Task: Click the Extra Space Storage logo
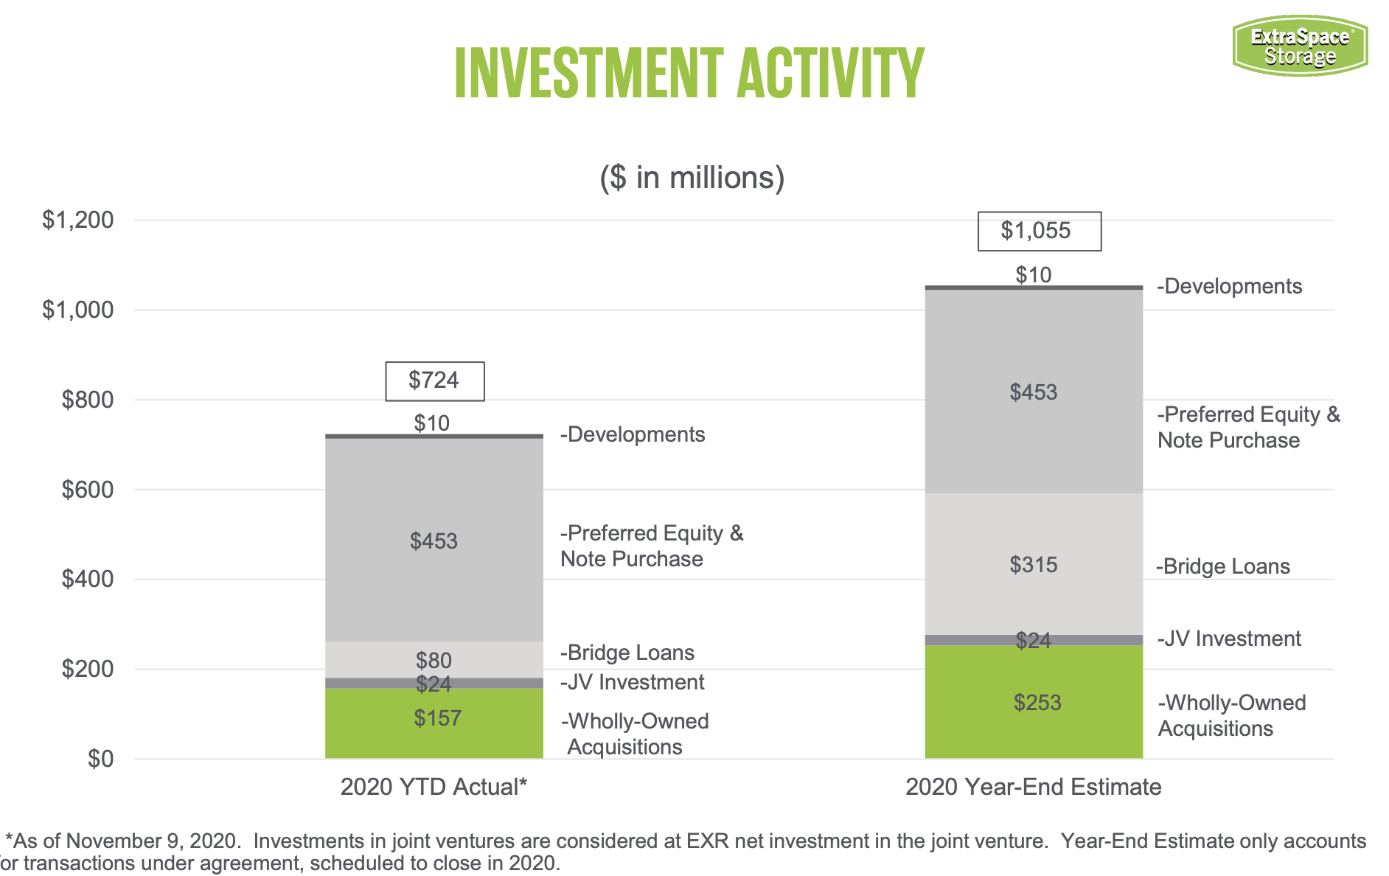click(1300, 46)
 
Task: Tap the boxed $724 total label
click(434, 380)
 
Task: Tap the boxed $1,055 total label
click(1039, 231)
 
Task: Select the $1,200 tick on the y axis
click(78, 220)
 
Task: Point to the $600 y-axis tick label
click(87, 490)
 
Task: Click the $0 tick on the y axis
click(100, 759)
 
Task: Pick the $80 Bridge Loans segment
click(434, 658)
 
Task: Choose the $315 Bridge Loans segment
click(1034, 565)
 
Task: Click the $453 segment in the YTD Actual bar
click(434, 540)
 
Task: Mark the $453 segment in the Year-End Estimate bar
click(1034, 392)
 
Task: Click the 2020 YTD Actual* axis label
click(434, 787)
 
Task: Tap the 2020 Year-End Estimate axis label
click(1033, 787)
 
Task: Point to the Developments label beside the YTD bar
click(633, 434)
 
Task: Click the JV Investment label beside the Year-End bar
click(1229, 639)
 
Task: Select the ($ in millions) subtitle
click(692, 178)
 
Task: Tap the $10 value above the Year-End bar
click(1034, 275)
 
